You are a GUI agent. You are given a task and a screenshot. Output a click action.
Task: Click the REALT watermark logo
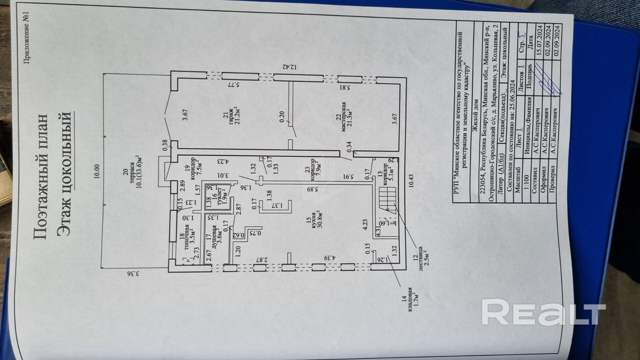coord(543,312)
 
